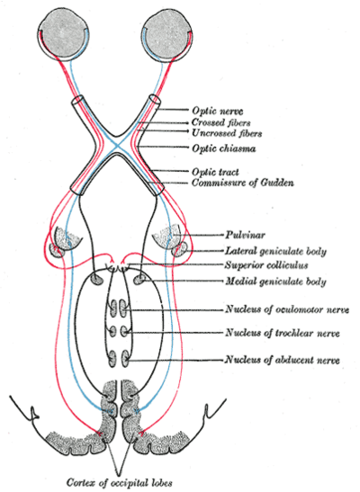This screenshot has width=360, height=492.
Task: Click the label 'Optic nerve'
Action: coord(218,111)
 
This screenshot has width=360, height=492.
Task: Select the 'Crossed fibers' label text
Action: coord(221,122)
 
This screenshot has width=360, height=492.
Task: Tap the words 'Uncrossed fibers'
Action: coord(227,133)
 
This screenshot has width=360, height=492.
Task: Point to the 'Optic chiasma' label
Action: coord(224,148)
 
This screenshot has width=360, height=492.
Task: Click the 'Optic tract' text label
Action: coord(216,172)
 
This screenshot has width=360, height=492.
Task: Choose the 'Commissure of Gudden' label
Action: coord(243,183)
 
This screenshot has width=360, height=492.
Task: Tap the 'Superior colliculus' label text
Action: coord(266,265)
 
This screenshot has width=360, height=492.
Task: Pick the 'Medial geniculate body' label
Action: coord(275,282)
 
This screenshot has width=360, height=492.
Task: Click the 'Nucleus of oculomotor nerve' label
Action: coord(287,309)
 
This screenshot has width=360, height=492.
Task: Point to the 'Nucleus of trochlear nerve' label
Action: coord(283,333)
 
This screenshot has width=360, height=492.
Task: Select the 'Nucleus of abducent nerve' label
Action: coord(283,360)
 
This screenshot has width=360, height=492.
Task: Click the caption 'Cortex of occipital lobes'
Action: coord(120,482)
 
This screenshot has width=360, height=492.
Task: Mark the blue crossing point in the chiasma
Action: coord(116,146)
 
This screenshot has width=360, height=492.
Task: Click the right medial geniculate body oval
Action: coord(139,279)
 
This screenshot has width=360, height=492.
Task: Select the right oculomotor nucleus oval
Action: coord(123,308)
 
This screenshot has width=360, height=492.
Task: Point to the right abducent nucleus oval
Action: coord(124,359)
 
